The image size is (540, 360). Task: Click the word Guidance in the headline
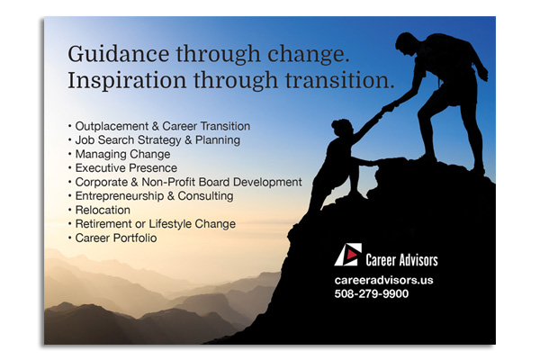(x=119, y=54)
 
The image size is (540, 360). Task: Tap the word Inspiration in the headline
(x=127, y=81)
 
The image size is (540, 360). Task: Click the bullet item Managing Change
(x=122, y=154)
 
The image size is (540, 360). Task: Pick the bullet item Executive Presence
(x=126, y=168)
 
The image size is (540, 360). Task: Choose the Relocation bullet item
(x=103, y=210)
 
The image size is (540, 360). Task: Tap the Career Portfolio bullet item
(x=116, y=238)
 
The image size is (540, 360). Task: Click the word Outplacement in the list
(x=112, y=126)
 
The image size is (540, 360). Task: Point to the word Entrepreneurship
(x=120, y=196)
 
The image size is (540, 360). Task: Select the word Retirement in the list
(x=103, y=224)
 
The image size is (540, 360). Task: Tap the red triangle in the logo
(x=351, y=254)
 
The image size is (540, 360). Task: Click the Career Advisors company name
(x=401, y=260)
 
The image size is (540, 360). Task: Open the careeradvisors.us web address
(x=383, y=280)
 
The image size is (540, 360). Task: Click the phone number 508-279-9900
(x=371, y=294)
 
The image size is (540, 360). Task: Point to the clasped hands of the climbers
(x=388, y=107)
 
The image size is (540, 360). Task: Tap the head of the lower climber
(x=342, y=128)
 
